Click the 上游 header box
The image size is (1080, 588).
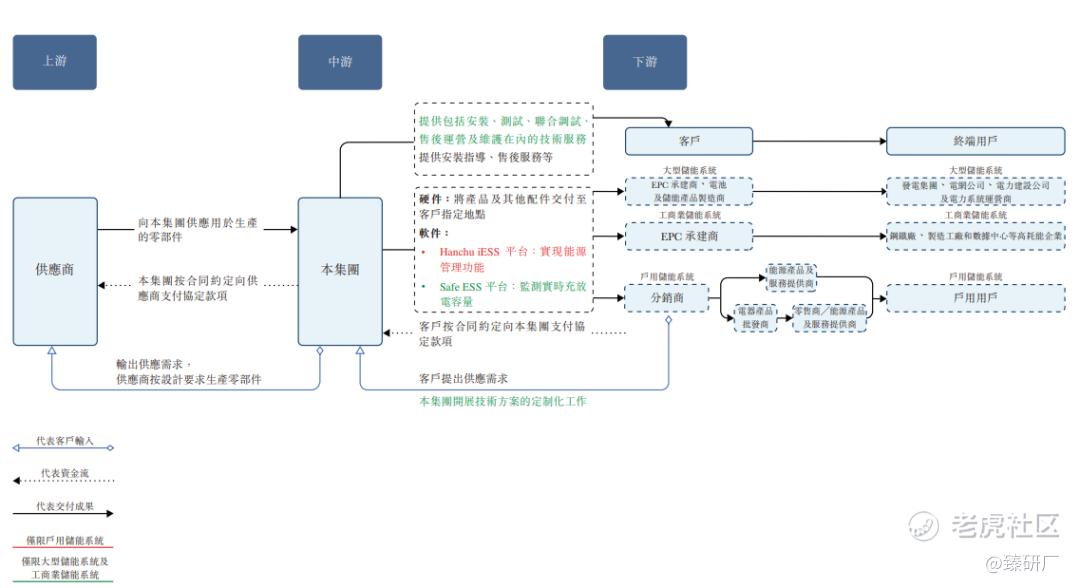coord(54,62)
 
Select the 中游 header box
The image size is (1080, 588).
coord(340,62)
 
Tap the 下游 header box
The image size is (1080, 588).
coord(645,62)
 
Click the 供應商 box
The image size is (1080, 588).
coord(55,270)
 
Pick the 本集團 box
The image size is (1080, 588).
coord(340,270)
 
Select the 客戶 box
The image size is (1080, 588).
coord(689,142)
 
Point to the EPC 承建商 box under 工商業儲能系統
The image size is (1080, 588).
coord(689,236)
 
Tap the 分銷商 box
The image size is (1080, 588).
coord(666,297)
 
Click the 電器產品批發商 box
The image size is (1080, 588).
coord(755,318)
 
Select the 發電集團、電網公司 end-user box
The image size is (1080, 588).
coord(975,191)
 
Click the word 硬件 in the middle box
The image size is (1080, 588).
coord(431,200)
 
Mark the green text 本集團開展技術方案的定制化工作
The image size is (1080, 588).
coord(502,401)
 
